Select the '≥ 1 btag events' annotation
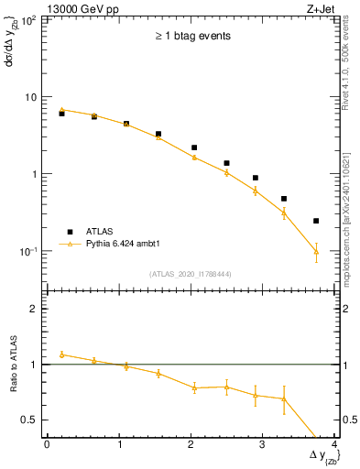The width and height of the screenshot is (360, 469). pyautogui.click(x=191, y=37)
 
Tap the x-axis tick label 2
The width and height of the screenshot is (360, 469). pyautogui.click(x=191, y=444)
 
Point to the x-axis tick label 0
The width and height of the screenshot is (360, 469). pyautogui.click(x=47, y=444)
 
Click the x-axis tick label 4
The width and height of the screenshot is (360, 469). pyautogui.click(x=335, y=444)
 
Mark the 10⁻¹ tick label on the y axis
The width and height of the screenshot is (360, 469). pyautogui.click(x=28, y=251)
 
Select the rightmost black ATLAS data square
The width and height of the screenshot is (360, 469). pyautogui.click(x=316, y=221)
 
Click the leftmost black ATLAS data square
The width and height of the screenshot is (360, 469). pyautogui.click(x=61, y=114)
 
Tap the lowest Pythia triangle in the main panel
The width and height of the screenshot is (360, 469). pyautogui.click(x=316, y=251)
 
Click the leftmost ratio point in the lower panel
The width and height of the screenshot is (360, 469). pyautogui.click(x=61, y=354)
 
